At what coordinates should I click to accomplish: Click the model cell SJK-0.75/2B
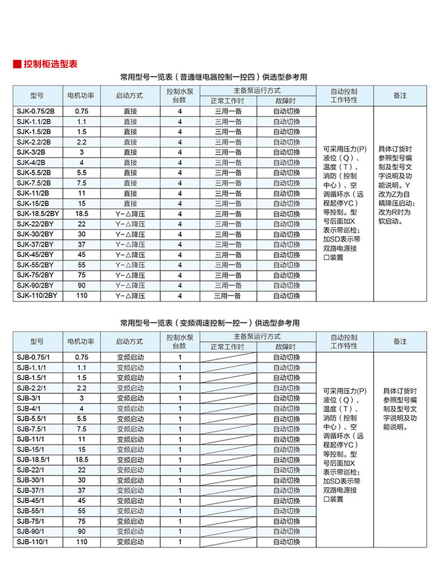tap(36, 111)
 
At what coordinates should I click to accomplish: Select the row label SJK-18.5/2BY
tap(38, 214)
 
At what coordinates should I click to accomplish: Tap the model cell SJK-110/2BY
tap(37, 295)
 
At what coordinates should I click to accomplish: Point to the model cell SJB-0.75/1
tap(36, 357)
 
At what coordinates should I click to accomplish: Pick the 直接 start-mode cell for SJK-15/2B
tap(131, 204)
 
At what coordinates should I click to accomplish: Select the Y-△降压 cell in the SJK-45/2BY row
tap(131, 254)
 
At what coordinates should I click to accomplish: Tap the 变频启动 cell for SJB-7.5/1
tap(131, 428)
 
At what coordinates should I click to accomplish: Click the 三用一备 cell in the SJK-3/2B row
tap(228, 152)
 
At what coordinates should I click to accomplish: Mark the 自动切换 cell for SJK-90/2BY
tap(286, 285)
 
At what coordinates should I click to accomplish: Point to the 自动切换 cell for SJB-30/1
tap(286, 480)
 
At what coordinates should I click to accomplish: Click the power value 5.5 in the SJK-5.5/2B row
tap(82, 173)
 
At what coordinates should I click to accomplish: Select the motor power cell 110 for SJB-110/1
tap(82, 541)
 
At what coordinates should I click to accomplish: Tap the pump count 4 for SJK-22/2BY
tap(180, 224)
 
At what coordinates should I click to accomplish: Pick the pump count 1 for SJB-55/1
tap(180, 511)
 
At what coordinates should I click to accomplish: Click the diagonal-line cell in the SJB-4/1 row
tap(228, 408)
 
